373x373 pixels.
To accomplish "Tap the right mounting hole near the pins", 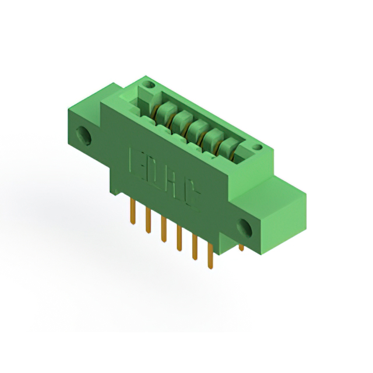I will pos(244,228).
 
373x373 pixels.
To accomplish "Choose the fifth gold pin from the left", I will pos(195,249).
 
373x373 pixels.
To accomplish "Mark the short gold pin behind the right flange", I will pos(241,248).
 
